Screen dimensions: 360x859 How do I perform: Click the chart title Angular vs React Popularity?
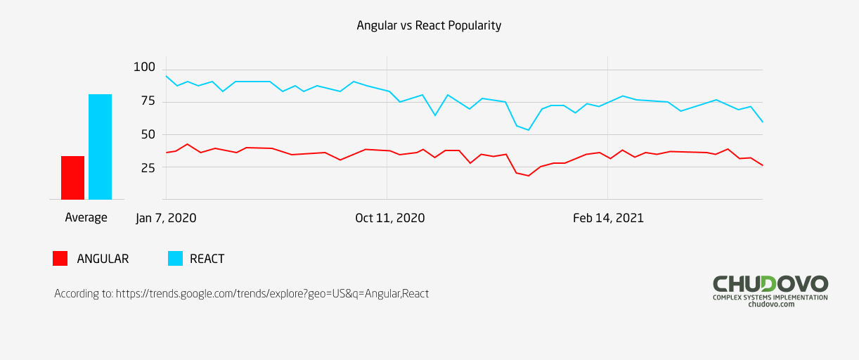(x=429, y=25)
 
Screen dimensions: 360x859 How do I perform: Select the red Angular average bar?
(x=72, y=178)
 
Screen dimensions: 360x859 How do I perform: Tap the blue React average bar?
(x=100, y=147)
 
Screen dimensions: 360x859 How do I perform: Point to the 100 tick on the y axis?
(x=143, y=67)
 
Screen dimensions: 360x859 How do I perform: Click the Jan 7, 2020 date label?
(x=166, y=218)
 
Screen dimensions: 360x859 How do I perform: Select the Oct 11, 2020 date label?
(x=389, y=218)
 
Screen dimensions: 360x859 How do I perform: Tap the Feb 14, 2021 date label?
(x=608, y=218)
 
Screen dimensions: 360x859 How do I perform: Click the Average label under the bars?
(x=86, y=218)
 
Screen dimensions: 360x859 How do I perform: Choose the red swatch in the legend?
(x=60, y=258)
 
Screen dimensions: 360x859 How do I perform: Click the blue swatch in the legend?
(x=175, y=258)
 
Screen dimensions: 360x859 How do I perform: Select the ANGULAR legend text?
(x=103, y=259)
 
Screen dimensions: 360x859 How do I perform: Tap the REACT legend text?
(x=207, y=259)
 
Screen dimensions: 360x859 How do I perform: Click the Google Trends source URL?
(x=272, y=294)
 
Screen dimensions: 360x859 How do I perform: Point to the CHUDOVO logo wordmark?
(x=770, y=284)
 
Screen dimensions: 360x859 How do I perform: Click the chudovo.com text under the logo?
(x=771, y=304)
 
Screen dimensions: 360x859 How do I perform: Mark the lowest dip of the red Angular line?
(x=529, y=176)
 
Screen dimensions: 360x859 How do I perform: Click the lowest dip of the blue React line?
(x=529, y=130)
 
